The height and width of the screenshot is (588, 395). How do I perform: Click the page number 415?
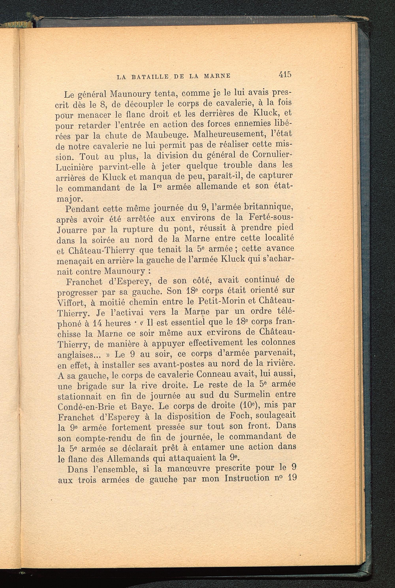[x=285, y=75]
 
